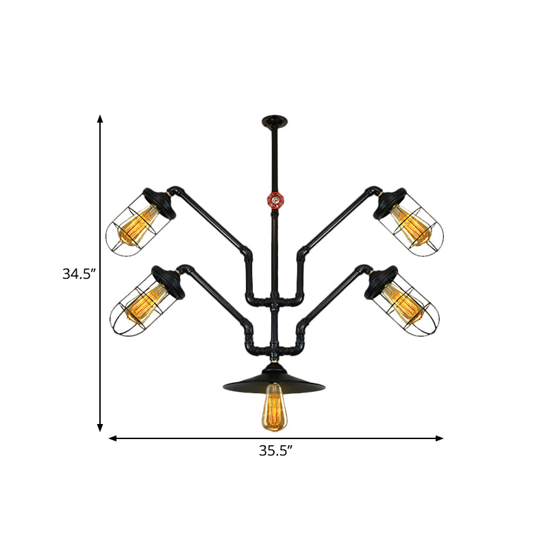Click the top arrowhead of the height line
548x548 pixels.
coord(100,119)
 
